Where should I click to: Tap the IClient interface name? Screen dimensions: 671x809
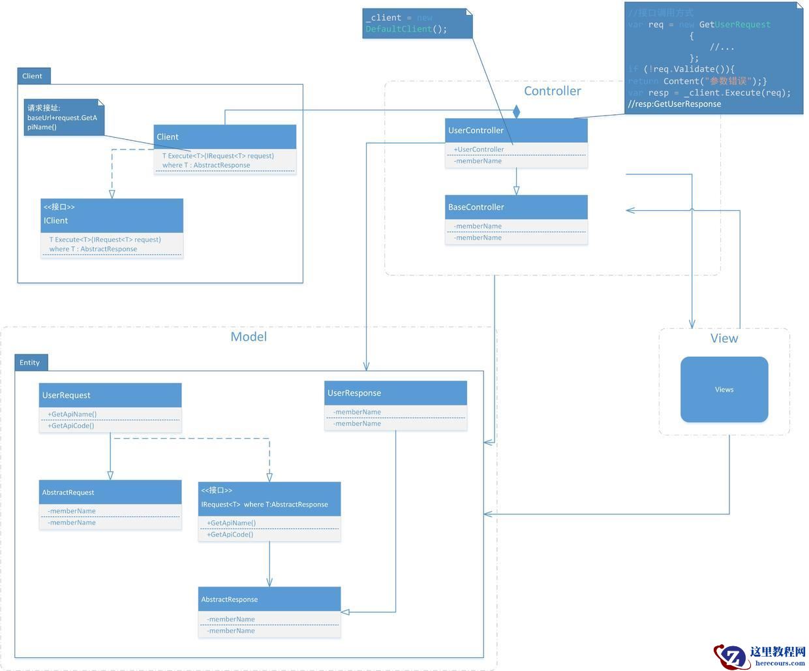(56, 221)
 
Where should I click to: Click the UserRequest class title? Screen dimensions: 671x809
(67, 395)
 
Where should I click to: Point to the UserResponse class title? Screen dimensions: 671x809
(354, 393)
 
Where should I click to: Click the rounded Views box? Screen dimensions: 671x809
(724, 390)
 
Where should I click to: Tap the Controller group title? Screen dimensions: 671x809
(553, 91)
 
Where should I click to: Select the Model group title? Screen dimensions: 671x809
(249, 337)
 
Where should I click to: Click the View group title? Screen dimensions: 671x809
(724, 338)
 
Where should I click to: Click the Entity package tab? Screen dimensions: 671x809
(30, 362)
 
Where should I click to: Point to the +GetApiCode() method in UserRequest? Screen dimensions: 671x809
(71, 426)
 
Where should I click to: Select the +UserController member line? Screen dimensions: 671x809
(479, 149)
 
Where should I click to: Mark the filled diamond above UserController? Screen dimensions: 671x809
(517, 112)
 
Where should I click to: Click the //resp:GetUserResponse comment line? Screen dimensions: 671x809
(675, 104)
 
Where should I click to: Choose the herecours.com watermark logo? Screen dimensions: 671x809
(760, 655)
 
